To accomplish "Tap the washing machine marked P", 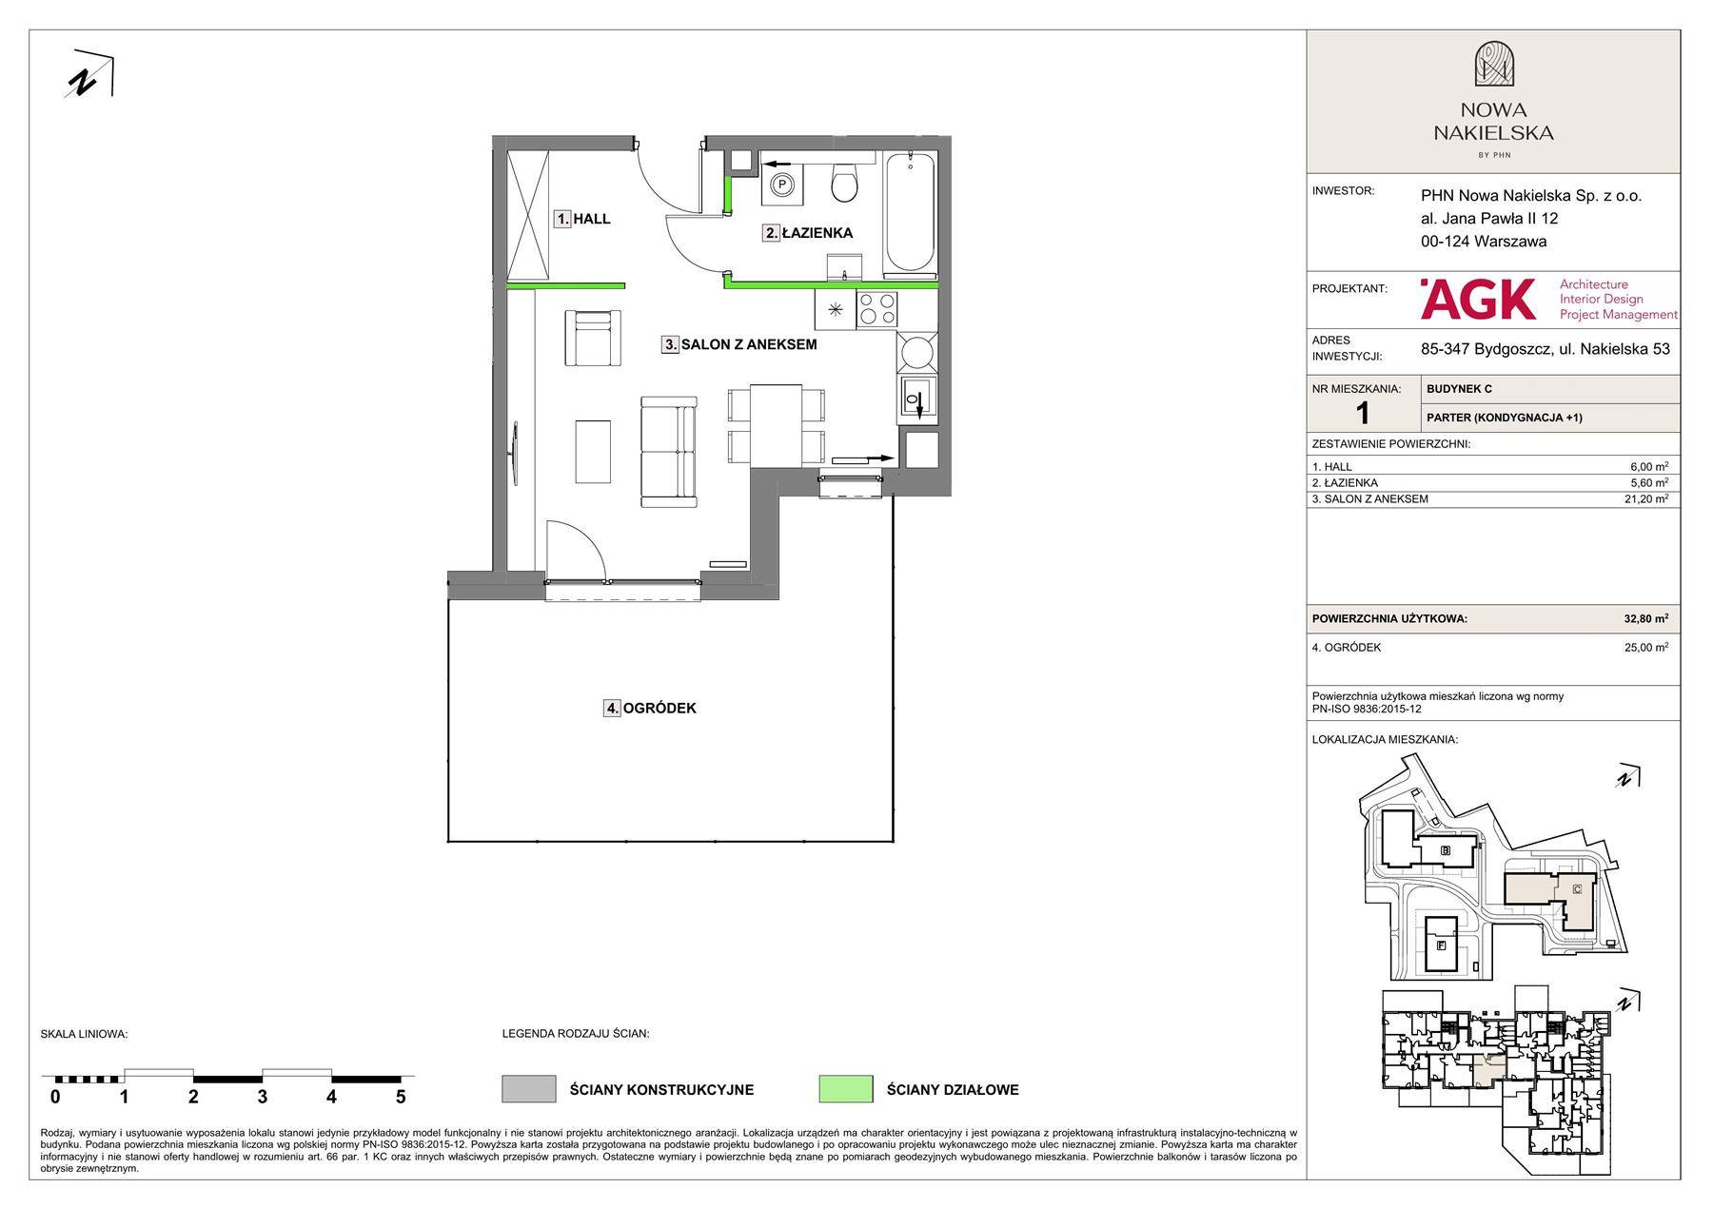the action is pos(782,184).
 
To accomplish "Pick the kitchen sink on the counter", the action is pos(916,399).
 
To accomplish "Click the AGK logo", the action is pos(1478,300).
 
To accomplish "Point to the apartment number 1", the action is pos(1363,413).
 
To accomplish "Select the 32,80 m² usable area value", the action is pos(1645,618).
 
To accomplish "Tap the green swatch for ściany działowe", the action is pos(845,1089).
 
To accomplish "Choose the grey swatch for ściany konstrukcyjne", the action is pos(528,1089).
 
